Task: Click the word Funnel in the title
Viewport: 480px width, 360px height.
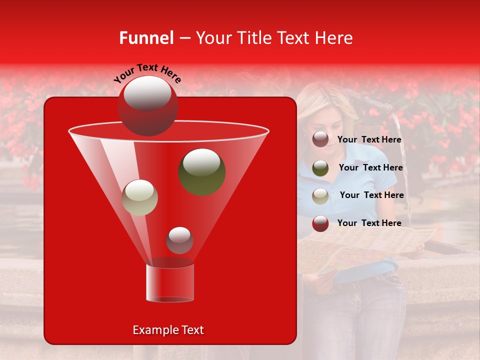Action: [x=146, y=38]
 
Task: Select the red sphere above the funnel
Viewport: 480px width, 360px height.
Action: [x=147, y=105]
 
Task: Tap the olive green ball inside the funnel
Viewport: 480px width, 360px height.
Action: [x=201, y=171]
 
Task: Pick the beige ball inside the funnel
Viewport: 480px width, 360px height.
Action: [x=140, y=197]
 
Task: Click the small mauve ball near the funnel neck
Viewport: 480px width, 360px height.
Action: [x=179, y=240]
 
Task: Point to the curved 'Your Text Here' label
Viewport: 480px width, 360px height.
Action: [x=147, y=73]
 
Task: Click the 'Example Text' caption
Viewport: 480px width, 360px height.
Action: [x=168, y=330]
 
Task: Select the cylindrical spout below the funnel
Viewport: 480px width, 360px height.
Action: [x=169, y=282]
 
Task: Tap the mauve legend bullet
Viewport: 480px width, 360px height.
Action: [x=320, y=139]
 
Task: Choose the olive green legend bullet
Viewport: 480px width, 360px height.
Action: [x=320, y=167]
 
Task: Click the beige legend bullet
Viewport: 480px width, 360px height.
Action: [x=320, y=195]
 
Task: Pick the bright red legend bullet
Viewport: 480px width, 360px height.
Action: [x=320, y=223]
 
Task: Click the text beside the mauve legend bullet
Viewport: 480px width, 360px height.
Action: [x=369, y=139]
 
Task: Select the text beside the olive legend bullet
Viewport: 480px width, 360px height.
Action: [x=370, y=167]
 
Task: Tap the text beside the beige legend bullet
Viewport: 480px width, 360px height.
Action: [x=371, y=195]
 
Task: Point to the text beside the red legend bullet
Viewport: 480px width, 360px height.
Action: [x=369, y=223]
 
